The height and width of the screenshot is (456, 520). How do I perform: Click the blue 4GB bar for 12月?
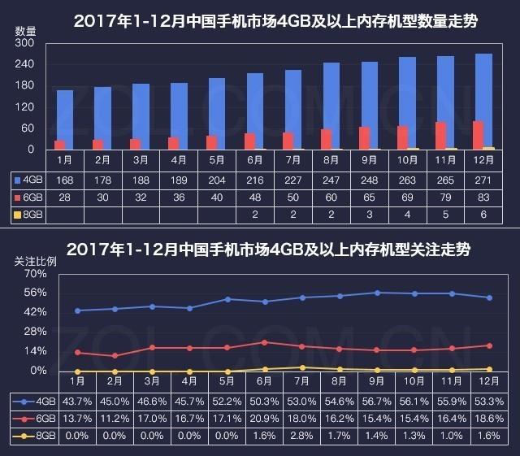click(483, 102)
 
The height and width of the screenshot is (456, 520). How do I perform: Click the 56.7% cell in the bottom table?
click(376, 402)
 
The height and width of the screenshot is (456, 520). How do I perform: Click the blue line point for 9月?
click(377, 293)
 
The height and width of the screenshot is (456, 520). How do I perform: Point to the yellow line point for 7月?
click(302, 367)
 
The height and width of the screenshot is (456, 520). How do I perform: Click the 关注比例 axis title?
click(36, 262)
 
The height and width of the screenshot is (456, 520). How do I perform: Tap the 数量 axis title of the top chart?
click(25, 30)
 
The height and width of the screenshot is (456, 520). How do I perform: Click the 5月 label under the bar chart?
click(216, 160)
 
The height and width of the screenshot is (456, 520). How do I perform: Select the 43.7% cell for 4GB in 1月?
click(77, 402)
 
